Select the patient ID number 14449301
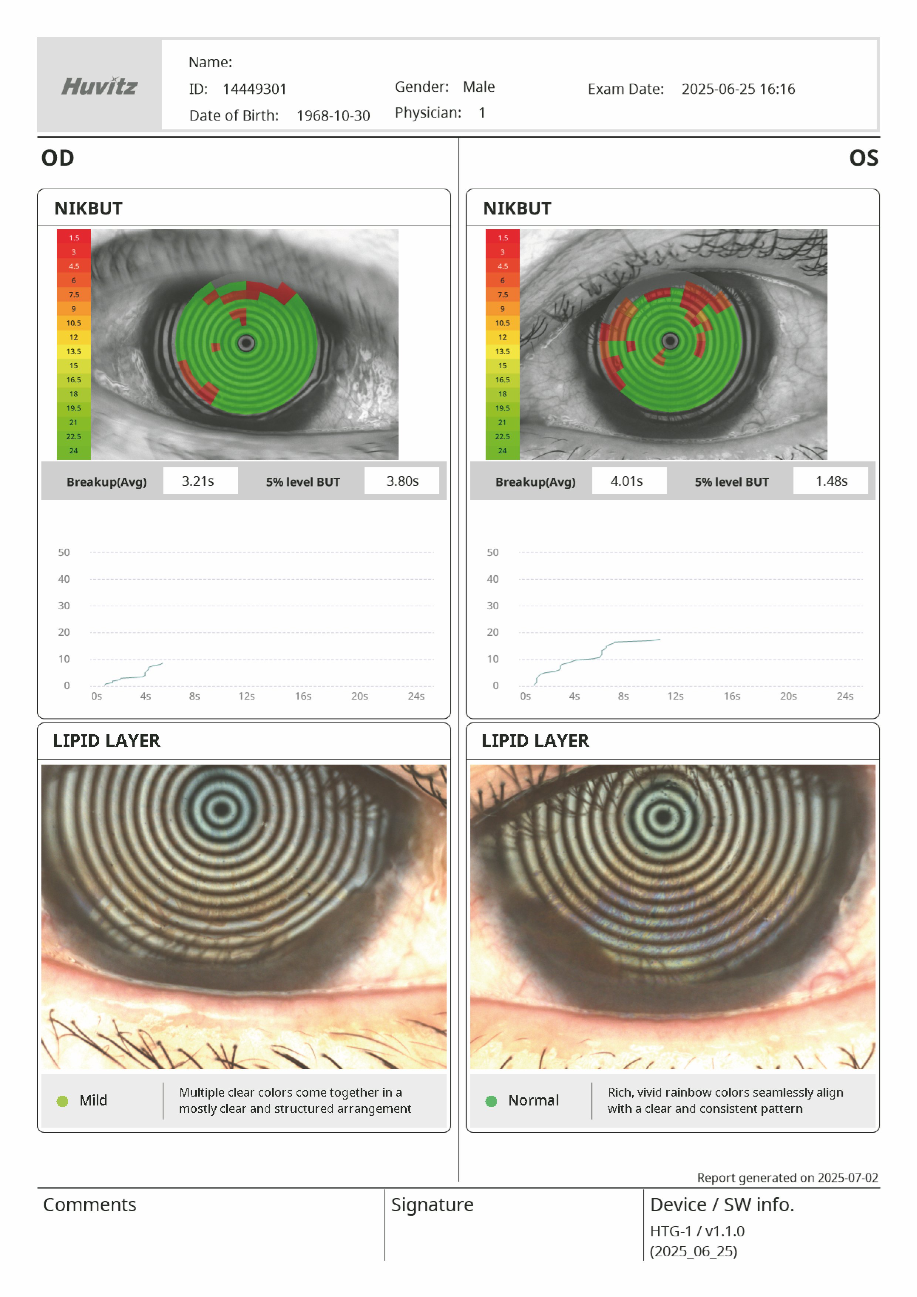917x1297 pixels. click(254, 89)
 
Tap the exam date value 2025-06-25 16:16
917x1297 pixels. click(738, 89)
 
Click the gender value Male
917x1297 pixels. click(478, 87)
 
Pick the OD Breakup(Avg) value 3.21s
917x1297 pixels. click(198, 481)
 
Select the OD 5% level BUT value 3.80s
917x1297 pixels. click(402, 481)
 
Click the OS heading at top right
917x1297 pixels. click(863, 158)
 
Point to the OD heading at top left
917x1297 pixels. click(58, 158)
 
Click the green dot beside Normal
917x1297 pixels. click(491, 1101)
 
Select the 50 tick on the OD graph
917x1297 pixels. click(64, 552)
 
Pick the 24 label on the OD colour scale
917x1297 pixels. click(74, 451)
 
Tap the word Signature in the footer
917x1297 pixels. click(432, 1205)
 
